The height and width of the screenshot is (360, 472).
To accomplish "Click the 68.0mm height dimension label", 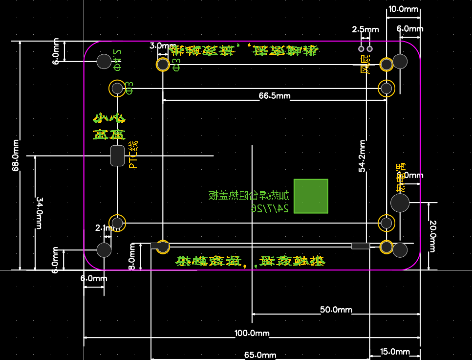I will coord(16,155).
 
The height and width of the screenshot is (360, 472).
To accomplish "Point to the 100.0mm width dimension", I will coord(252,334).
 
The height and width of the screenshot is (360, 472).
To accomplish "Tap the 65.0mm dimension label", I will coord(260,355).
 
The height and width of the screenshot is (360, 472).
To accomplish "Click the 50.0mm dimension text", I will coord(336,310).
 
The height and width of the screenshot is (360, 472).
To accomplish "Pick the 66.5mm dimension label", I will coord(274,96).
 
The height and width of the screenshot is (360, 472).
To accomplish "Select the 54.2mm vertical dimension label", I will coord(362,156).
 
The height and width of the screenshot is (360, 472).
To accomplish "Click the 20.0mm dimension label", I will coord(432,236).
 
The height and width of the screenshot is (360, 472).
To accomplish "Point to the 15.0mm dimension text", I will coord(394,352).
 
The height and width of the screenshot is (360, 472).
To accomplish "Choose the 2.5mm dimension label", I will coord(365,29).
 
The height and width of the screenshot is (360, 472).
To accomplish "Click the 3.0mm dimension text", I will coord(159,46).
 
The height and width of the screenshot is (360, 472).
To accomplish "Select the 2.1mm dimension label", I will coord(104,228).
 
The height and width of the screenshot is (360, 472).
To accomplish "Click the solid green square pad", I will coord(311,196).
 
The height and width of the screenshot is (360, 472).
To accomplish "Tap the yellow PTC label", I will coord(133,155).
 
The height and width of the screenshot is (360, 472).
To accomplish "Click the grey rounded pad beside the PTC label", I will coord(117,156).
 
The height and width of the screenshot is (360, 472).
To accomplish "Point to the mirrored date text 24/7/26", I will coord(269,208).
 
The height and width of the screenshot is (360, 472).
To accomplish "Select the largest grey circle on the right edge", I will coord(400,202).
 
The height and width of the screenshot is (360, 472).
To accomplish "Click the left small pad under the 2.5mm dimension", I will coord(361,49).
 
